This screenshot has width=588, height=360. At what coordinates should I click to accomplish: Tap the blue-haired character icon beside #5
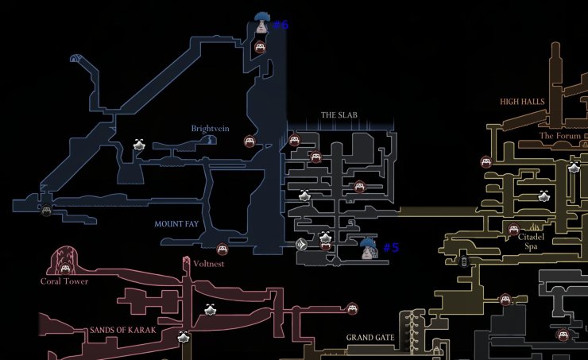point(368,250)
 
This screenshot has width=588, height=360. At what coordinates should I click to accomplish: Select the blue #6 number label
point(280,25)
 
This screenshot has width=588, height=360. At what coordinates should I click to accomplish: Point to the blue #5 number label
point(391,248)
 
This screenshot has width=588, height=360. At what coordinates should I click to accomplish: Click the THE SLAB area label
point(338,115)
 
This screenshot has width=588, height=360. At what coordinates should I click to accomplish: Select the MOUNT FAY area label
point(176,224)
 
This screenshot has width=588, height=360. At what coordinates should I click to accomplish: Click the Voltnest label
point(209,263)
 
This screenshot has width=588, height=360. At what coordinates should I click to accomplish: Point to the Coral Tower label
point(64,281)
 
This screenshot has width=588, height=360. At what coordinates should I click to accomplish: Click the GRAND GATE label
point(370,338)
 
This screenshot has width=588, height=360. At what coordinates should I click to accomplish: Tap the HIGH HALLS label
point(520,102)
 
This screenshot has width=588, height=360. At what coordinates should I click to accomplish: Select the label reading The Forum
point(557,136)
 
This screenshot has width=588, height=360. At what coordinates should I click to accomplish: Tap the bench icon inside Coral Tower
point(65,268)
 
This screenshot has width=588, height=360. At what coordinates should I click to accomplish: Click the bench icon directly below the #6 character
point(260,48)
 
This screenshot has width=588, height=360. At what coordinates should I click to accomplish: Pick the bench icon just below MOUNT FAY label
point(222,249)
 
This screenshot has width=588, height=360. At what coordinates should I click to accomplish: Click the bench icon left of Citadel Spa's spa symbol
point(513,230)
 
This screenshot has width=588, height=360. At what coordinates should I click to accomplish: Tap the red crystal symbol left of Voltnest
point(187,261)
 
